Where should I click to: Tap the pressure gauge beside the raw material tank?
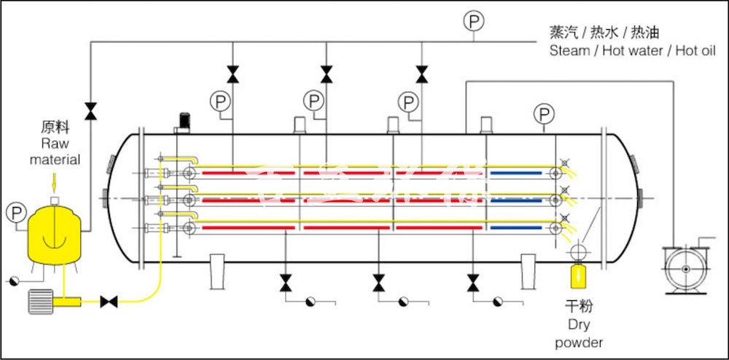click(15, 213)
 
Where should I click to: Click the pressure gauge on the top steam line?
click(474, 22)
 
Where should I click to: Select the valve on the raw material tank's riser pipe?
click(90, 111)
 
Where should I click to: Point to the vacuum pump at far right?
click(685, 269)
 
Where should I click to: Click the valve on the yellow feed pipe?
click(110, 301)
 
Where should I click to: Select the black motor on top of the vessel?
click(184, 121)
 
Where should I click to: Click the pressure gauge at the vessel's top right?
click(544, 114)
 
